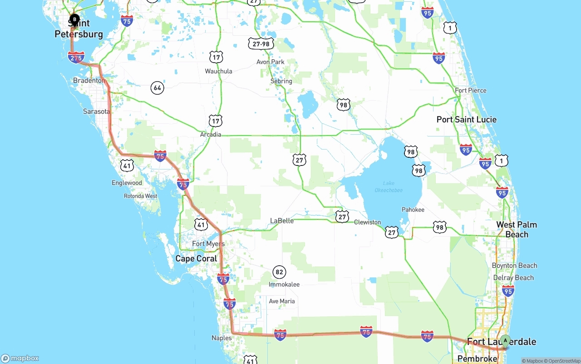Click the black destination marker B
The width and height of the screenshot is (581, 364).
[74, 19]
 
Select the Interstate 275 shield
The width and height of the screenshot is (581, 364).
[76, 58]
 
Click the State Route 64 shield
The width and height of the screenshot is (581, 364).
[157, 87]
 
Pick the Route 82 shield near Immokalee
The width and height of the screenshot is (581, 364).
[279, 272]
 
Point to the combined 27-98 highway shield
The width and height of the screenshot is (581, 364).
[261, 44]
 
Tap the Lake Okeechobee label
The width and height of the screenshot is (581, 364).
[389, 187]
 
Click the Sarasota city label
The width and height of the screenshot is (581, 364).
[96, 112]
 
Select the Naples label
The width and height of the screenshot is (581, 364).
[222, 338]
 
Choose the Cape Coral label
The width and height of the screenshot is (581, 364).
[196, 259]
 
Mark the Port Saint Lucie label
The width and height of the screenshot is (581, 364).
[466, 120]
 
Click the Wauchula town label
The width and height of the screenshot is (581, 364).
[218, 71]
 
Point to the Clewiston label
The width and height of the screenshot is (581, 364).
[367, 222]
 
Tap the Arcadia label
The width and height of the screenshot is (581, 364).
[211, 134]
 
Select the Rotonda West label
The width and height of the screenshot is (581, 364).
[141, 196]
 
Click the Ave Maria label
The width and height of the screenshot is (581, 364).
[281, 301]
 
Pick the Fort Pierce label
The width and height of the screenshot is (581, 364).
[471, 91]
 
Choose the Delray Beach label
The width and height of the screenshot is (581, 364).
[513, 277]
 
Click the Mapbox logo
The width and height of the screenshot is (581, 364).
[20, 358]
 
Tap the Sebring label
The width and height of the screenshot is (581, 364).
[281, 81]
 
